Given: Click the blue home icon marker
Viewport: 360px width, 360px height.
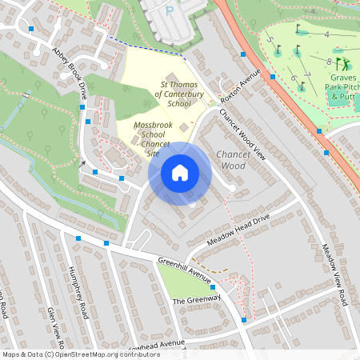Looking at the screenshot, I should point(180,173).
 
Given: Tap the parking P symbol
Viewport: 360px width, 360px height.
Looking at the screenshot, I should point(169,10).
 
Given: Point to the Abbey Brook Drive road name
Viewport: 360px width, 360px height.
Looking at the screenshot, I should point(70,72).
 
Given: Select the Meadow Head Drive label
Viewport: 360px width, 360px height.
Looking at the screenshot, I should point(239,229).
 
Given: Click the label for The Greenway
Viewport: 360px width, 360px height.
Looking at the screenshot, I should point(195,301).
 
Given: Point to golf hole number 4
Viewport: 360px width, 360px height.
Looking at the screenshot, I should point(326,34).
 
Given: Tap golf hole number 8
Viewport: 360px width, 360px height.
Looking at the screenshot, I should point(330,61).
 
